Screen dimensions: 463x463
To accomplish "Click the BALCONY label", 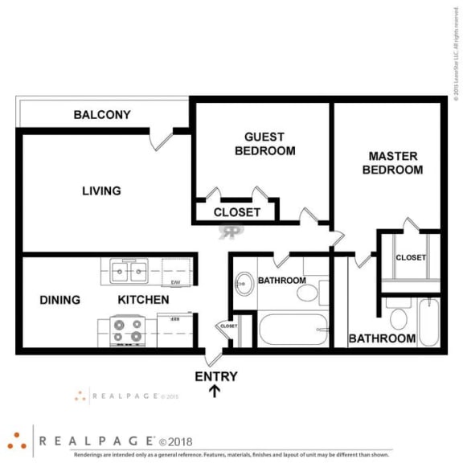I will (x=102, y=115).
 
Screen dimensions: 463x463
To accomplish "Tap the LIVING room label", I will (x=101, y=191).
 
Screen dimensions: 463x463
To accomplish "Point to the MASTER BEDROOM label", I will (x=392, y=163).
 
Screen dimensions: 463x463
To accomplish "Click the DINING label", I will (x=60, y=301).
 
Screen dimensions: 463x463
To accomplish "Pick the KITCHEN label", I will (x=143, y=301).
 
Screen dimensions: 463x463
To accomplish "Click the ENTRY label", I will (x=216, y=376).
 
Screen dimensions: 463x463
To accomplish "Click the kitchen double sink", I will (x=129, y=272).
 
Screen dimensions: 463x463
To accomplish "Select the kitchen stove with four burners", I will (x=126, y=330).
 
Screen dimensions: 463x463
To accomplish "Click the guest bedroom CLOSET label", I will (x=236, y=213).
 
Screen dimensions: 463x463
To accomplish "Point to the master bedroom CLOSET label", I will (x=411, y=257).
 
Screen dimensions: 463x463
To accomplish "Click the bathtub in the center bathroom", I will (x=293, y=330).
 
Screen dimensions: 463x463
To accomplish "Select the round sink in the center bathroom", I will (x=243, y=283).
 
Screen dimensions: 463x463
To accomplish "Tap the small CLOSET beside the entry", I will (x=228, y=327).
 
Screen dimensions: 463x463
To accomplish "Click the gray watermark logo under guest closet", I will (x=231, y=231).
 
